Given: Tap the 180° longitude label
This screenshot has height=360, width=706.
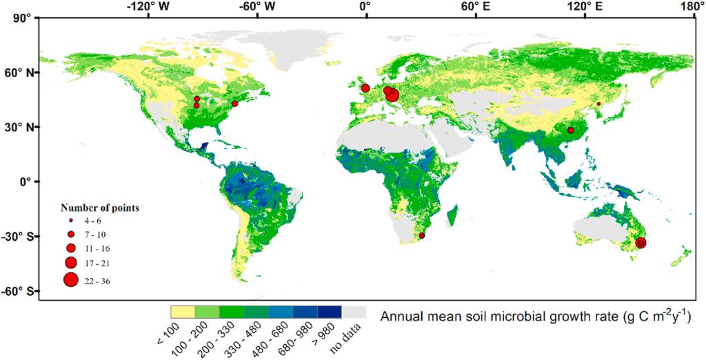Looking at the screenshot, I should tap(686, 7).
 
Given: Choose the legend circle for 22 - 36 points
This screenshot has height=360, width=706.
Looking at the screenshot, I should tap(70, 280).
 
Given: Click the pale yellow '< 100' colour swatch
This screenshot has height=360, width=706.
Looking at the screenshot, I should tap(183, 312).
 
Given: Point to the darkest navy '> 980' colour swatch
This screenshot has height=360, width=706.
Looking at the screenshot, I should tap(330, 312).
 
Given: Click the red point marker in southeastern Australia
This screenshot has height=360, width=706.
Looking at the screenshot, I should tap(641, 243).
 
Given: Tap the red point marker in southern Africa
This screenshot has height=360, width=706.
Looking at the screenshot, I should tap(421, 236).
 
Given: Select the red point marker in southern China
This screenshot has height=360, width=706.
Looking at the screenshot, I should tap(571, 130).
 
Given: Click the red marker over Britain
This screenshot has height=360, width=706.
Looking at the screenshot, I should tap(365, 88).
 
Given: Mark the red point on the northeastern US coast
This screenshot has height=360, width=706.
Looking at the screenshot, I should tap(234, 103).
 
